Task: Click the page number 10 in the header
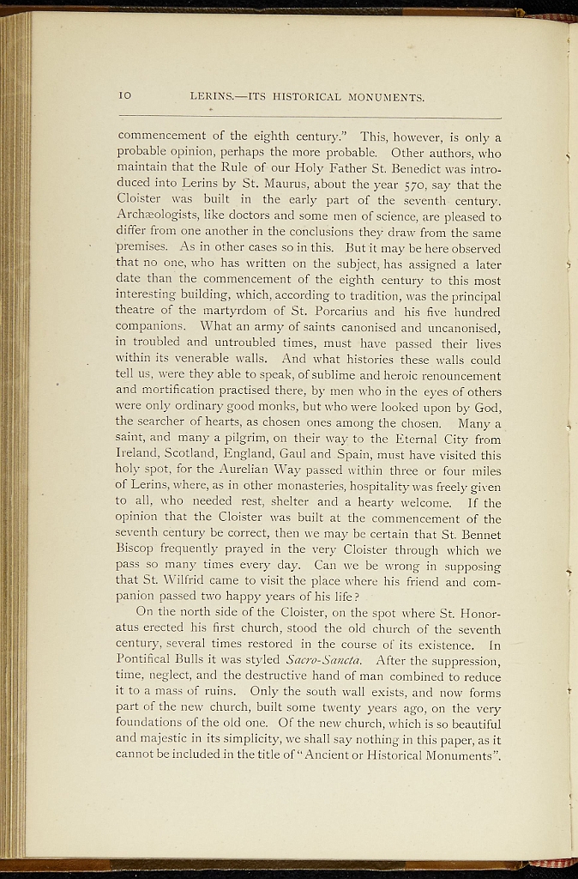point(125,97)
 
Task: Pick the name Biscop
point(135,551)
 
